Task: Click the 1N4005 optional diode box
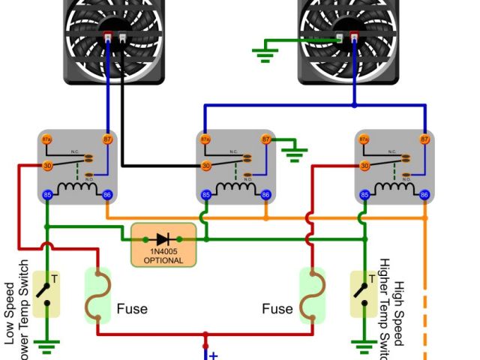(x=163, y=244)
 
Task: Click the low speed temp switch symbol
(x=47, y=293)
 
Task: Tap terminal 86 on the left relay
(x=106, y=195)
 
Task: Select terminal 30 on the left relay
(x=47, y=165)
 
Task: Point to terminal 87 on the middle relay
(x=265, y=139)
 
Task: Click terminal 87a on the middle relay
(x=206, y=139)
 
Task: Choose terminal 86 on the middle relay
(x=265, y=195)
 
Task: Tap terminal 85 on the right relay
(x=365, y=195)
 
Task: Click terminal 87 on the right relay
(x=424, y=139)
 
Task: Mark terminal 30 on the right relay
(x=365, y=165)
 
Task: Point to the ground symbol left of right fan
(x=264, y=53)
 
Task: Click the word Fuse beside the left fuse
(x=132, y=309)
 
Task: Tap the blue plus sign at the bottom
(x=213, y=355)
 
